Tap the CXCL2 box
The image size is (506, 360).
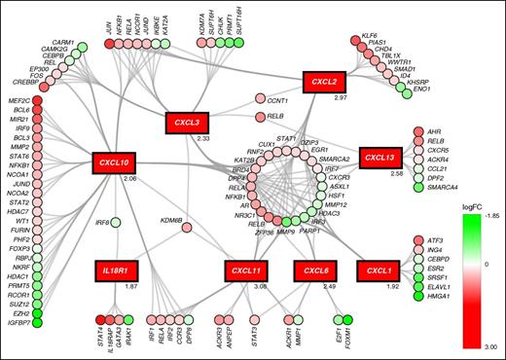(x=326, y=83)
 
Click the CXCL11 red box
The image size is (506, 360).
(x=249, y=270)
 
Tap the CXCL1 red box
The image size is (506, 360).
(x=379, y=270)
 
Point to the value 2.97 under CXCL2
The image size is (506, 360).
(x=341, y=100)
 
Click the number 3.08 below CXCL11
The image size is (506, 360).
(x=260, y=287)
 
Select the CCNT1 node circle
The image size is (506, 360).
(x=260, y=99)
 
